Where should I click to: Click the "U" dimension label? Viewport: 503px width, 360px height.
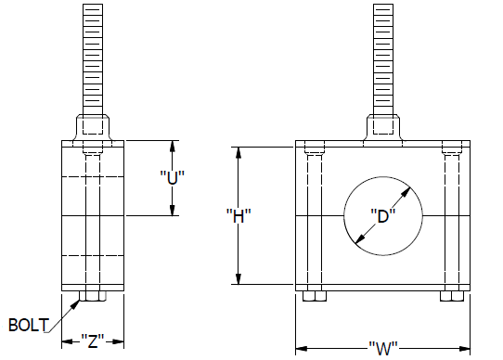173,178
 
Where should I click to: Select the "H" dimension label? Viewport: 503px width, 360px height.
239,216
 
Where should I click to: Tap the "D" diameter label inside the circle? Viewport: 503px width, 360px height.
383,216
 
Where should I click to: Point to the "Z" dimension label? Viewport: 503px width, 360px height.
93,341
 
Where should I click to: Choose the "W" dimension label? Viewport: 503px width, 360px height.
383,348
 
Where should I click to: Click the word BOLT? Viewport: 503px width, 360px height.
29,325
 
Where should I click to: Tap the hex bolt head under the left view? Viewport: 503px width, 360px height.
93,296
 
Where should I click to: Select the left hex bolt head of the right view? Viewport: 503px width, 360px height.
315,296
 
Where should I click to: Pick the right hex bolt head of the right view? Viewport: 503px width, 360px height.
452,296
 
